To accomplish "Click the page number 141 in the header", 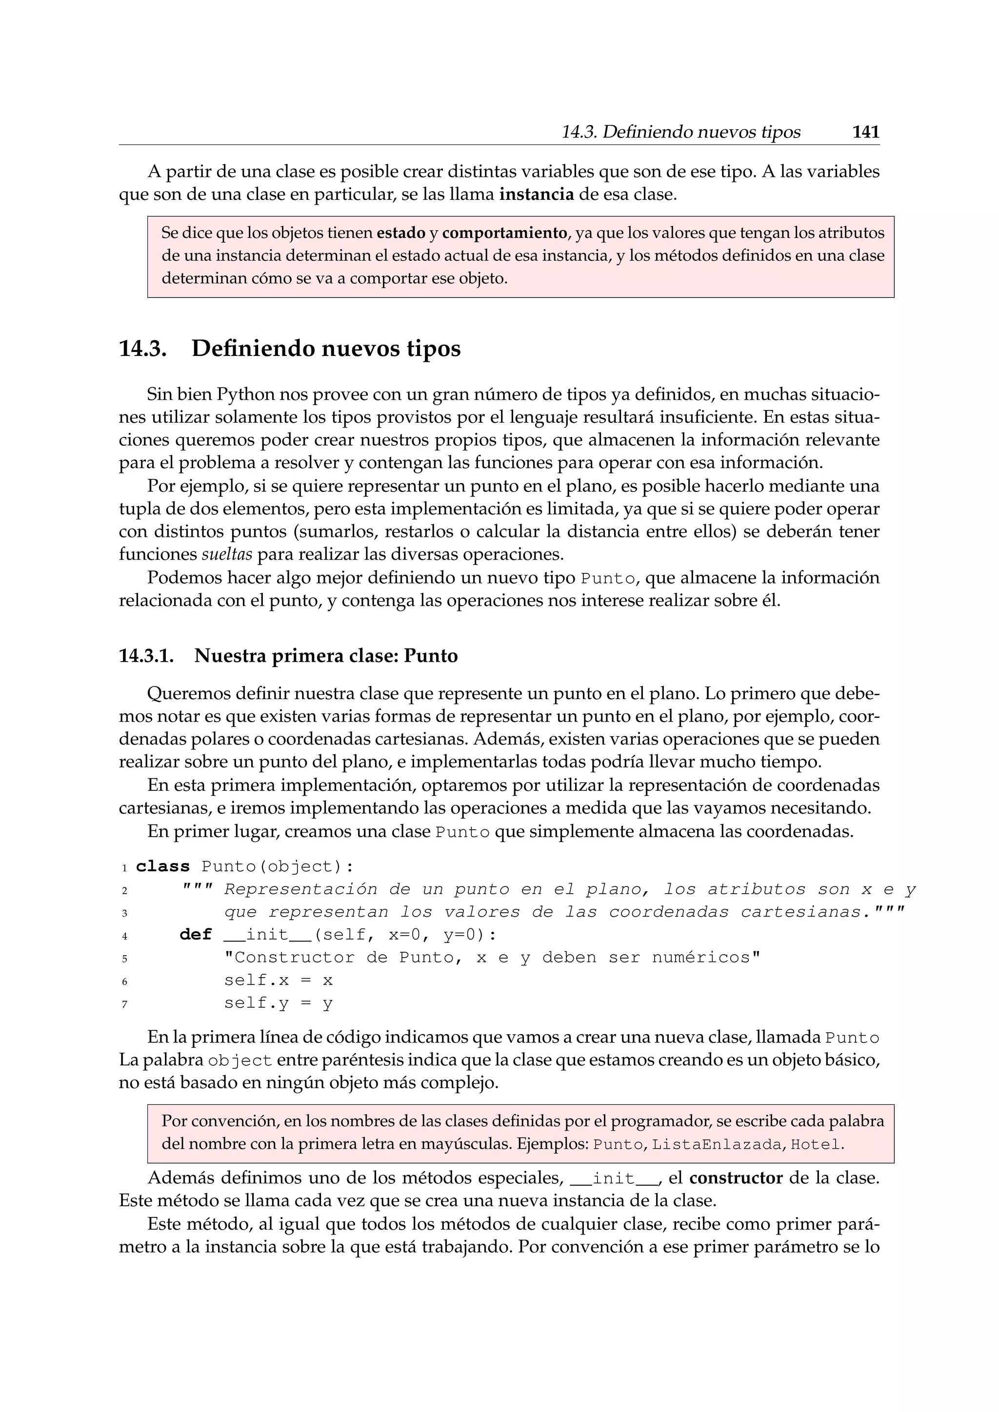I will (865, 132).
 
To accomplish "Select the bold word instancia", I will (537, 195).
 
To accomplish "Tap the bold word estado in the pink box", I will (401, 233).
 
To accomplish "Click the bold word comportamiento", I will (504, 233).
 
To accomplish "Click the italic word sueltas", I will (227, 554).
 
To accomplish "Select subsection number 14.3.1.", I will (146, 656).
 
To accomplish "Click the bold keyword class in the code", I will (162, 866).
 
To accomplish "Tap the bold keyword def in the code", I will (196, 935).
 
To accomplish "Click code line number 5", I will (124, 959).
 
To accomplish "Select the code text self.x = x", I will (278, 981).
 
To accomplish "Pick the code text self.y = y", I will (278, 1003).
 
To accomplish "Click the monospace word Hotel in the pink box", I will (815, 1144).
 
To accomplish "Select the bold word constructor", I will (736, 1178).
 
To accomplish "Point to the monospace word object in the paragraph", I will (240, 1061).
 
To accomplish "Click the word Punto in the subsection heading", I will (431, 656).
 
